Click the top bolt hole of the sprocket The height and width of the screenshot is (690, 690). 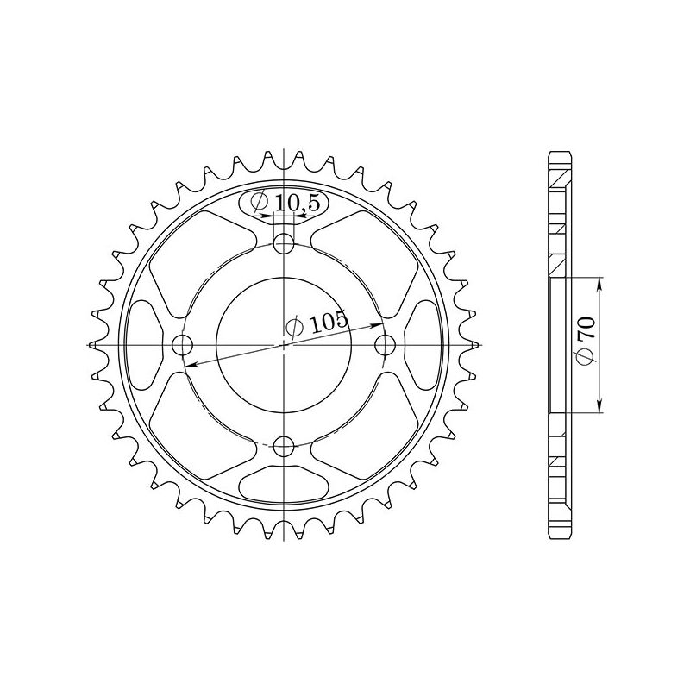pos(284,244)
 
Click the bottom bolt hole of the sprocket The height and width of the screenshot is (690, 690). pos(284,446)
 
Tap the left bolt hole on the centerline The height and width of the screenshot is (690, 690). pos(182,345)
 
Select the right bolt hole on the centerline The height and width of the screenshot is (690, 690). pos(386,345)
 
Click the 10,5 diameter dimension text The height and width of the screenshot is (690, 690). pos(291,204)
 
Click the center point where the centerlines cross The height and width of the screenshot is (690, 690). pos(284,345)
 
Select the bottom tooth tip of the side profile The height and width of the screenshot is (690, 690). pos(560,535)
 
